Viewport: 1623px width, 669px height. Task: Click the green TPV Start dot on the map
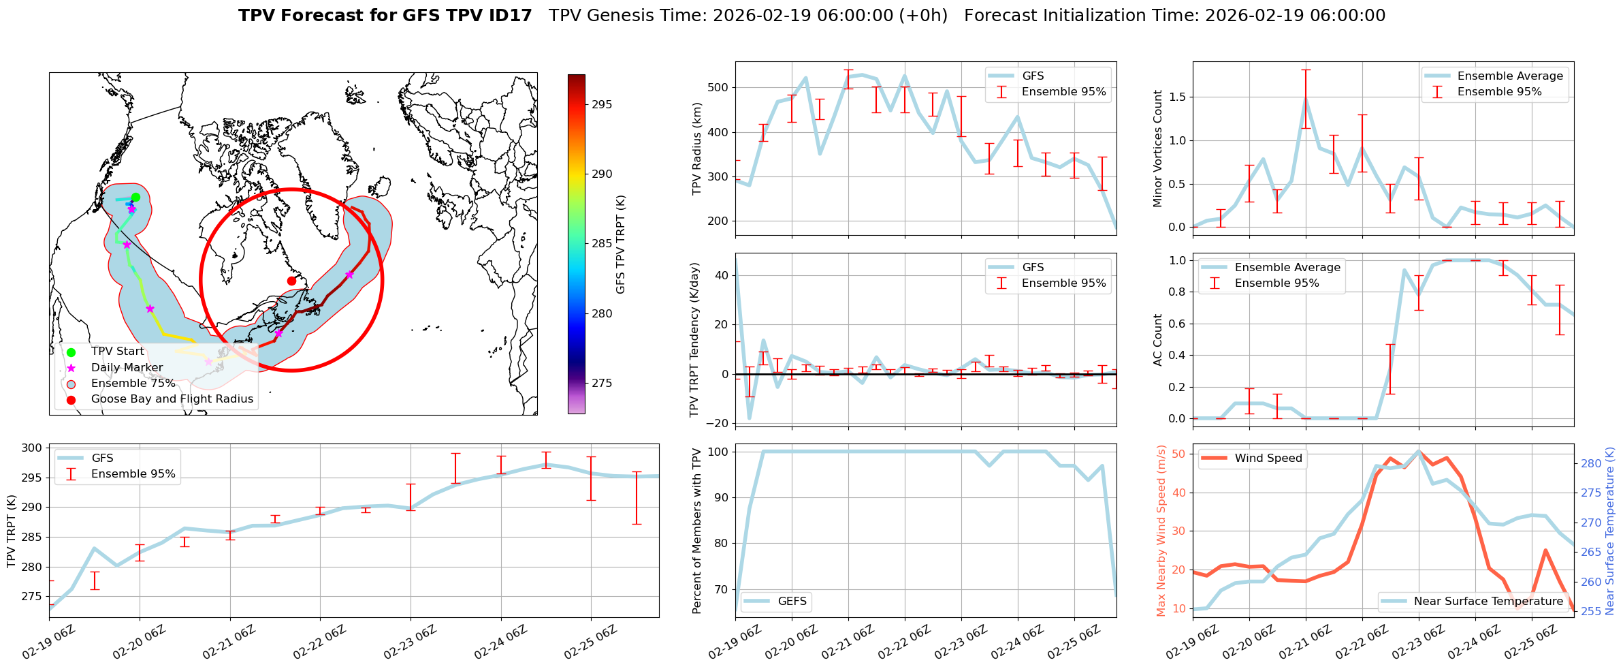pyautogui.click(x=135, y=198)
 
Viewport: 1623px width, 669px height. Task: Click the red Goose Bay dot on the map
pyautogui.click(x=291, y=281)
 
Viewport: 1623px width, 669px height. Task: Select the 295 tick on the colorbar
pyautogui.click(x=602, y=104)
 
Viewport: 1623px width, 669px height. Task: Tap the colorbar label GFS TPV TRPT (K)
pyautogui.click(x=620, y=245)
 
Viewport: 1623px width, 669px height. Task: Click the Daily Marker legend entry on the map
pyautogui.click(x=127, y=367)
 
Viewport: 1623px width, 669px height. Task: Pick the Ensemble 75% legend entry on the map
pyautogui.click(x=133, y=383)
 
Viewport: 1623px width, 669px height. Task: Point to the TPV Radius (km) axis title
pyautogui.click(x=696, y=149)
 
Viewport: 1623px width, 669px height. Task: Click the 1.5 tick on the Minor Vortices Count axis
pyautogui.click(x=1176, y=97)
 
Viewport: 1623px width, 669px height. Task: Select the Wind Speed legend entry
pyautogui.click(x=1268, y=458)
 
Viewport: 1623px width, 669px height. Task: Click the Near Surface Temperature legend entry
pyautogui.click(x=1488, y=601)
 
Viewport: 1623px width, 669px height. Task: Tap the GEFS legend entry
pyautogui.click(x=792, y=601)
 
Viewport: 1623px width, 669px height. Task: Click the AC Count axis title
pyautogui.click(x=1158, y=340)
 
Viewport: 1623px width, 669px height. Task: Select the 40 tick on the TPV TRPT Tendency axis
pyautogui.click(x=721, y=275)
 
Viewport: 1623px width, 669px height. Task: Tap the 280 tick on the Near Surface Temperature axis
pyautogui.click(x=1591, y=463)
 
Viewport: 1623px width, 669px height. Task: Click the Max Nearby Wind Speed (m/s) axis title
pyautogui.click(x=1161, y=530)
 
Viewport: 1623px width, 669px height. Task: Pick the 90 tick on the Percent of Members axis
pyautogui.click(x=721, y=497)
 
